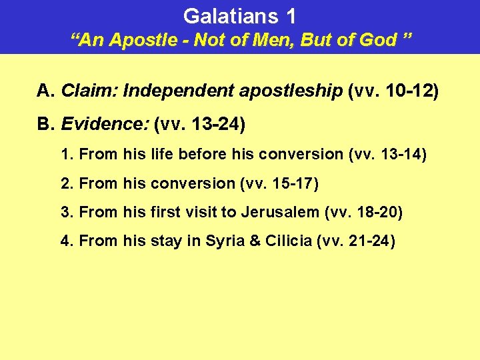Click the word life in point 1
162,154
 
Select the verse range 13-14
398,154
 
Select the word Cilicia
289,241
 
